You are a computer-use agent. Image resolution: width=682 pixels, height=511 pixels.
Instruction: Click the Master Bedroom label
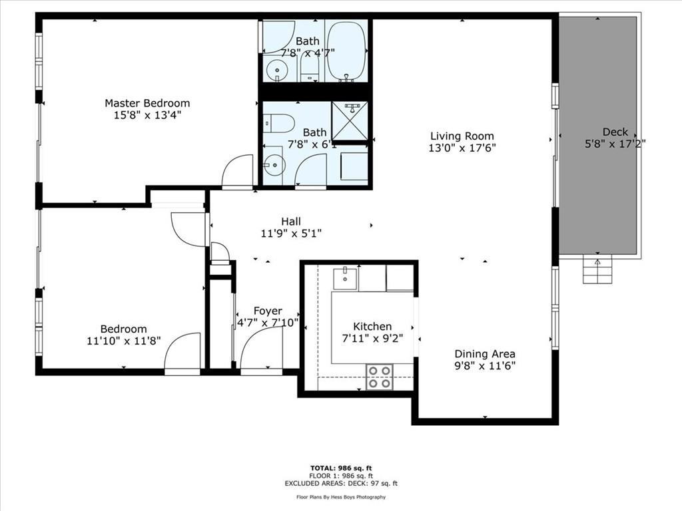(147, 103)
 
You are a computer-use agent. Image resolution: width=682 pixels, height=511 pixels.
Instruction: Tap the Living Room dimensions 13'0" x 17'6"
(462, 148)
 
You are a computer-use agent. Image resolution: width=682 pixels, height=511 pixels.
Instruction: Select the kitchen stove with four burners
(380, 377)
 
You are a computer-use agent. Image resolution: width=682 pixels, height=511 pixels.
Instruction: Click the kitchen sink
(345, 279)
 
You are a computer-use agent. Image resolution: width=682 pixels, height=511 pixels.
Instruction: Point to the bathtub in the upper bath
(346, 51)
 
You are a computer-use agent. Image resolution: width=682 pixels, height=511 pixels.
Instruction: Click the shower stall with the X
(350, 121)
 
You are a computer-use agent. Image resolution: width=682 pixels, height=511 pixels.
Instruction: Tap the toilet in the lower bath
(279, 123)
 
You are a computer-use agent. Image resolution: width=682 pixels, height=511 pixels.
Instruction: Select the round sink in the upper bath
(276, 71)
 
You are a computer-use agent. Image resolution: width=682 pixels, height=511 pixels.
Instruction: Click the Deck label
(615, 132)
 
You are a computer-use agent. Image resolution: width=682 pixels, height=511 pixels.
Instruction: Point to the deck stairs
(597, 269)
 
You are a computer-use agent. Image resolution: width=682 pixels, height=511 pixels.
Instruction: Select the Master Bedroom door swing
(238, 171)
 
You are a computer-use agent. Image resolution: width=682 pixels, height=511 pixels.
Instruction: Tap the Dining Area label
(485, 354)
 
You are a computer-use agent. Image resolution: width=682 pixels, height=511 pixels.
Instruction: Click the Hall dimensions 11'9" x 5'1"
(291, 234)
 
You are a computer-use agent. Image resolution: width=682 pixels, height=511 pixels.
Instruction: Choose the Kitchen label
(372, 326)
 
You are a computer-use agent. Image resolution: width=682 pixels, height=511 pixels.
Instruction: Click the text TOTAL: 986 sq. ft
(341, 468)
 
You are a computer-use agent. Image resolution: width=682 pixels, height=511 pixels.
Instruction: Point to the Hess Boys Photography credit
(341, 497)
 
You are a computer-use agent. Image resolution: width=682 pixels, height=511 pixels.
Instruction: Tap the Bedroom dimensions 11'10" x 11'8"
(123, 341)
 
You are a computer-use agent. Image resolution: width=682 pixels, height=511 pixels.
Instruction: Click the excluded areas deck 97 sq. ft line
(341, 483)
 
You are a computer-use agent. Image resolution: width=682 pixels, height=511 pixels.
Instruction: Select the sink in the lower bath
(274, 165)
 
